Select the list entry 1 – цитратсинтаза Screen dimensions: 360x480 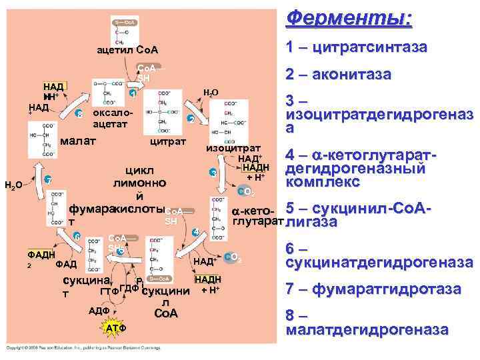(356, 48)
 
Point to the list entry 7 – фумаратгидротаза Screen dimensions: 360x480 (373, 289)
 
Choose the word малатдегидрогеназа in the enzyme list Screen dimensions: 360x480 (367, 329)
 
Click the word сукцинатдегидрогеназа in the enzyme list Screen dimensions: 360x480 (379, 263)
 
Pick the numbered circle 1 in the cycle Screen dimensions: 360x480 (133, 94)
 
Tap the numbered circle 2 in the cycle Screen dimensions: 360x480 (191, 119)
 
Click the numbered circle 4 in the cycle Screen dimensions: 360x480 (195, 232)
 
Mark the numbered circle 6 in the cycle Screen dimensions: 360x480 (77, 237)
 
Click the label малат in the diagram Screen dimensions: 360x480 (77, 141)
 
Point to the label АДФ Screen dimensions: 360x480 (99, 311)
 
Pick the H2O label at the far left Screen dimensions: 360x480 (13, 185)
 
